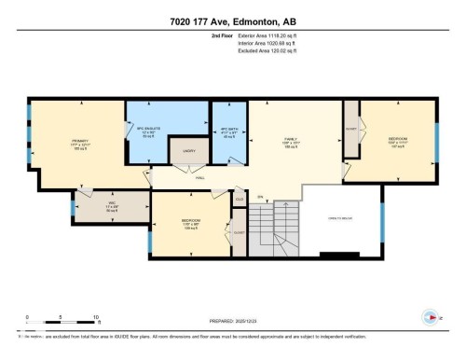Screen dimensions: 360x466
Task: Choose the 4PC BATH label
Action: click(227, 132)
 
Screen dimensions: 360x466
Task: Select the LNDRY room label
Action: click(187, 149)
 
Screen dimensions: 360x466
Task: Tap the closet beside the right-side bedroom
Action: click(351, 132)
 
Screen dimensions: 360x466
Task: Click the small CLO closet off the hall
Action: click(239, 200)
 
